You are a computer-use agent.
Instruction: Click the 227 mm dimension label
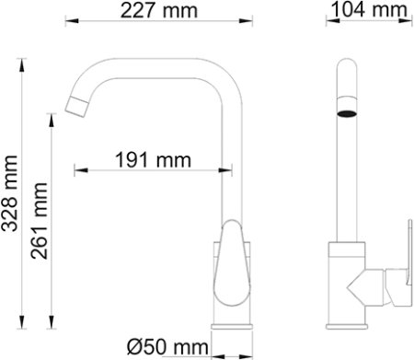pos(156,11)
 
